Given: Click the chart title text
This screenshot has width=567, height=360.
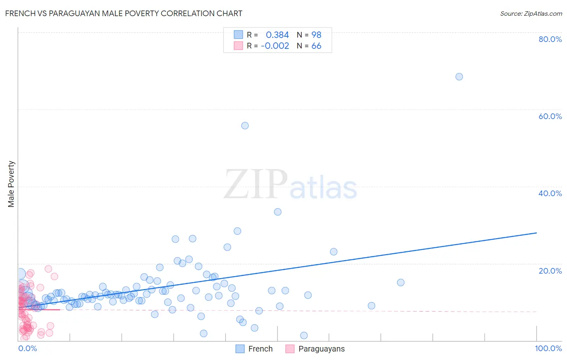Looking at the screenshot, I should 124,13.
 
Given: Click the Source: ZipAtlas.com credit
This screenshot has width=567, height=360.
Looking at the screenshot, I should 531,13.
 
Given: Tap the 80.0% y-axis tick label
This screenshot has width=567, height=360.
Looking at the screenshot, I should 550,39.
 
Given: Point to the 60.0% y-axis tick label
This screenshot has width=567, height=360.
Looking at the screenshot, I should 550,116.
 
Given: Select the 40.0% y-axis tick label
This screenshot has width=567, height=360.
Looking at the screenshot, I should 550,193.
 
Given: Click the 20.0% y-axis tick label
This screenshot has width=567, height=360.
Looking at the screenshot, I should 550,271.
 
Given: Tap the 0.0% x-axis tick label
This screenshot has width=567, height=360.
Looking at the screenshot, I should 28,348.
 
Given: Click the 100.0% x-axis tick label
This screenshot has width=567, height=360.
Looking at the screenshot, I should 548,348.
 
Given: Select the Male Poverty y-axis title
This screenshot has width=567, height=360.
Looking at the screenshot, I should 11,184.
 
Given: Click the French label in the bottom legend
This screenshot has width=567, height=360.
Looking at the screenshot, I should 261,349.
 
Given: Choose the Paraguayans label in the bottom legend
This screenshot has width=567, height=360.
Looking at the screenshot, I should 321,349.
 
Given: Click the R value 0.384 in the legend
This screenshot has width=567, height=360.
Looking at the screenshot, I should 277,35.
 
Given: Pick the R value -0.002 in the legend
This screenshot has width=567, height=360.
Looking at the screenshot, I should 275,46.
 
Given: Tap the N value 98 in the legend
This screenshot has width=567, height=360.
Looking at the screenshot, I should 316,35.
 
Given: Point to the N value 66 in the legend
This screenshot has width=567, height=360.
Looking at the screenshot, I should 316,46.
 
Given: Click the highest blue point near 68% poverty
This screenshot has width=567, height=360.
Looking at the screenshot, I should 459,77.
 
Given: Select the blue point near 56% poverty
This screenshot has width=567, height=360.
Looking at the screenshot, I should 245,126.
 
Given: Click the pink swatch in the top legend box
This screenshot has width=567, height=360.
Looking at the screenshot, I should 238,46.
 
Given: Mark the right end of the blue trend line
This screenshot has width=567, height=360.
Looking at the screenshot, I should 536,233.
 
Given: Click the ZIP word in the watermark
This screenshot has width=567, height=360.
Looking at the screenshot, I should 256,184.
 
